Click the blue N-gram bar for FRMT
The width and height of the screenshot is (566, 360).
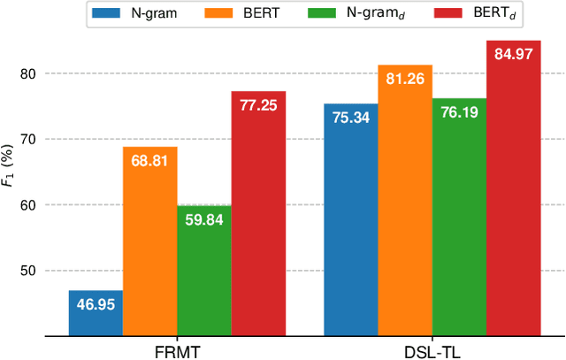pyautogui.click(x=96, y=313)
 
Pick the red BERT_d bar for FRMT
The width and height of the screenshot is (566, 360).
pyautogui.click(x=258, y=213)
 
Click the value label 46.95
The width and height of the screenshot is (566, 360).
pyautogui.click(x=96, y=304)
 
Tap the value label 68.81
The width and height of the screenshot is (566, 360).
pyautogui.click(x=149, y=161)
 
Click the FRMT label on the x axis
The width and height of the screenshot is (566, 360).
pyautogui.click(x=177, y=349)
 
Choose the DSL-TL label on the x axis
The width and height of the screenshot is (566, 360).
pyautogui.click(x=432, y=349)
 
